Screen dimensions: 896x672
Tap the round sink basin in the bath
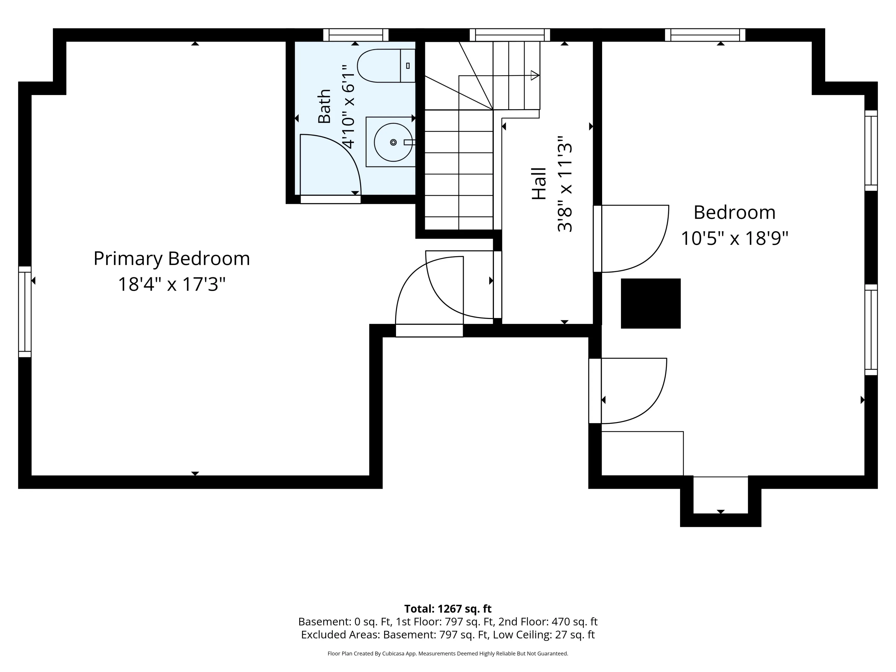click(393, 142)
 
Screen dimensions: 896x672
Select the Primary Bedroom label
click(172, 258)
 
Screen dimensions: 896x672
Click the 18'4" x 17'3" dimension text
click(172, 284)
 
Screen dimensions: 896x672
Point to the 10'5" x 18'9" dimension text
click(734, 238)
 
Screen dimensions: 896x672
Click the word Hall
click(539, 183)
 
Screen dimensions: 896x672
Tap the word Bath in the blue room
click(324, 106)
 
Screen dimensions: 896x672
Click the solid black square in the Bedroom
click(650, 303)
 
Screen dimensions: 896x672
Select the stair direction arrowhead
click(535, 75)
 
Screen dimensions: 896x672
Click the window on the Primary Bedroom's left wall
click(25, 312)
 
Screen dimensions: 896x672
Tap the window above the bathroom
click(356, 35)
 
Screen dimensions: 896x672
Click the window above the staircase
click(510, 35)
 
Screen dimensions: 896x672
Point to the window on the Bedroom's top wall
click(705, 35)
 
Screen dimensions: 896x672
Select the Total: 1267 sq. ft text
click(448, 609)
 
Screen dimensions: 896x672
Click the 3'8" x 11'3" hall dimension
click(565, 183)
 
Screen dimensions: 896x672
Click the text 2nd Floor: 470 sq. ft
click(548, 622)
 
